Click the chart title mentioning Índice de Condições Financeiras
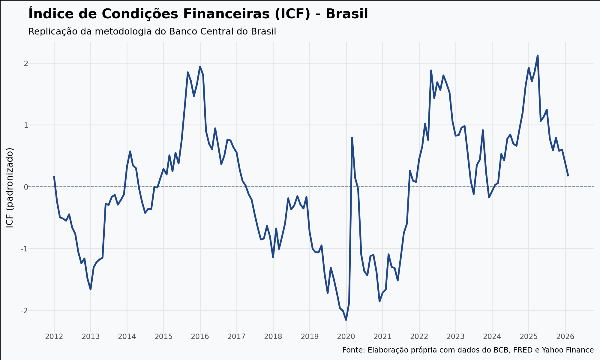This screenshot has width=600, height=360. click(198, 14)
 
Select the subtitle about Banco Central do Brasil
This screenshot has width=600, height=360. click(152, 31)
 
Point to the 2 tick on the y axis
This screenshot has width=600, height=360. click(26, 63)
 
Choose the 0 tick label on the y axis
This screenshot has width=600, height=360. click(26, 187)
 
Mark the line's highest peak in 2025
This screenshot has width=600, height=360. click(538, 55)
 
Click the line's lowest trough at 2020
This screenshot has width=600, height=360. click(346, 320)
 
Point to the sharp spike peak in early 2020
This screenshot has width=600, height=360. click(352, 138)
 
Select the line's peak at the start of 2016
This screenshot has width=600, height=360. click(200, 67)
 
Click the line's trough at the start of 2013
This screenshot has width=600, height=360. click(91, 289)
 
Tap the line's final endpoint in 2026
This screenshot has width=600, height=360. click(568, 176)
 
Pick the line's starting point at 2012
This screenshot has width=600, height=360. click(54, 176)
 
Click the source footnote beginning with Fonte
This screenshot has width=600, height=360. click(468, 350)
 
